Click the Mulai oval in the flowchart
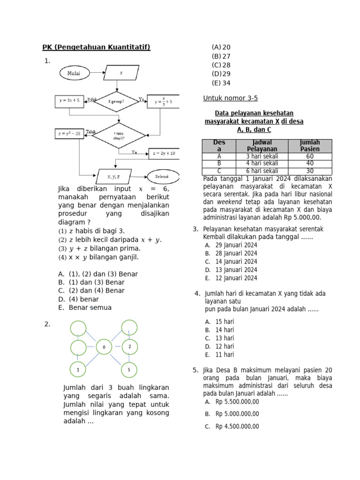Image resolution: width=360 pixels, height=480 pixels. pos(74,73)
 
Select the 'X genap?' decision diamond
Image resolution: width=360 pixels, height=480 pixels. pos(116,101)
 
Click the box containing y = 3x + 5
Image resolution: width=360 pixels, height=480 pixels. pos(69,101)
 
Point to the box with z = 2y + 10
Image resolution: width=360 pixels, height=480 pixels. pos(164,153)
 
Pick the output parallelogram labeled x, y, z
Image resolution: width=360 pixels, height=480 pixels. pos(113,177)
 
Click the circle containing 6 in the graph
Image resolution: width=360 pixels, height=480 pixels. pos(104,347)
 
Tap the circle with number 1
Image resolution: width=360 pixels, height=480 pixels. pos(78,369)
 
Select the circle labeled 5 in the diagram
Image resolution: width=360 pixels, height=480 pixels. pos(129,369)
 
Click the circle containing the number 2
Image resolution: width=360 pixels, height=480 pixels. pos(129,347)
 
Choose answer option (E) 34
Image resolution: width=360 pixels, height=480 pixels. pos(221,83)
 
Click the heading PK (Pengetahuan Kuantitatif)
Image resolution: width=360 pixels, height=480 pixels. pos(96,47)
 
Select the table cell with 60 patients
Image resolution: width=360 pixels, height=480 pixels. pos(310,157)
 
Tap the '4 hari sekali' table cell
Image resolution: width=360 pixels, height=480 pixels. pos(262,164)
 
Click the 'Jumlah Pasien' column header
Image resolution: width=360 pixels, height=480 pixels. pos(310,145)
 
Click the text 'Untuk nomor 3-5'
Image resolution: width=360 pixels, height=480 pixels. pos(230,98)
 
